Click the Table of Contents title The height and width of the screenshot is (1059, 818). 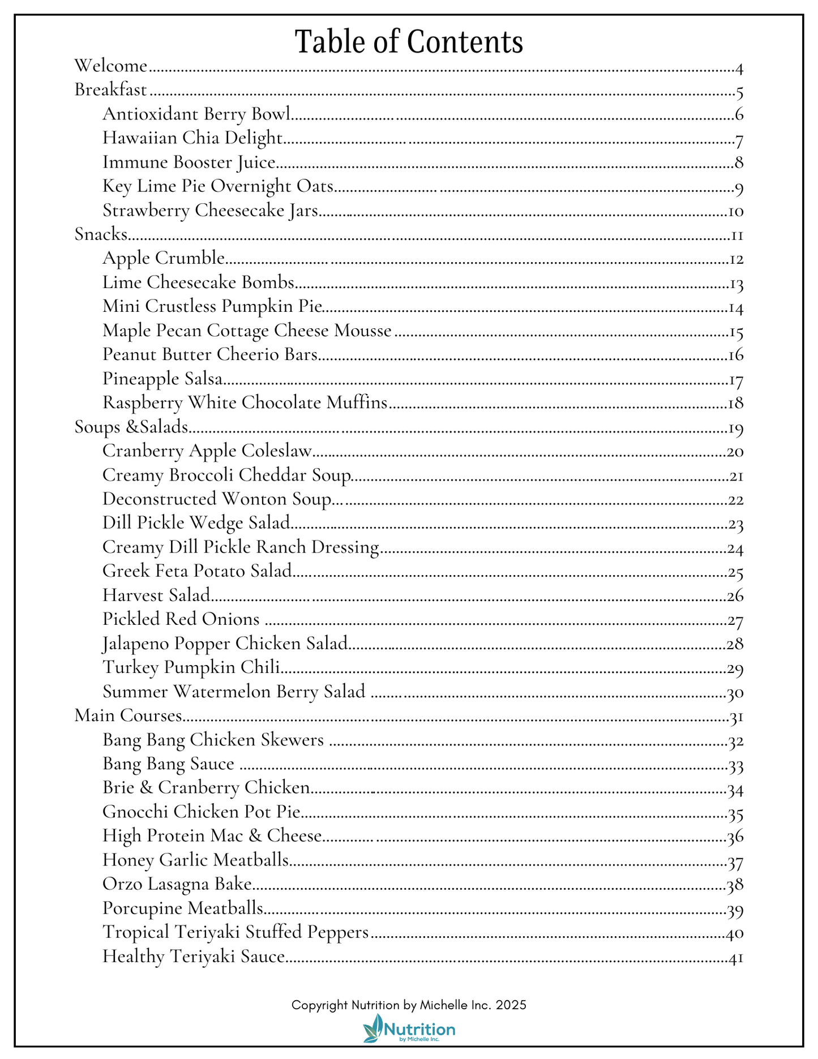[409, 42]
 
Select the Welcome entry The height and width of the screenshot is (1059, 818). [111, 66]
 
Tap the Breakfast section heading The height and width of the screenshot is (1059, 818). [111, 90]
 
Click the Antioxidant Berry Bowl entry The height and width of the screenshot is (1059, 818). [196, 114]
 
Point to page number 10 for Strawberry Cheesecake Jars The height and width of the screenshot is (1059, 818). [735, 212]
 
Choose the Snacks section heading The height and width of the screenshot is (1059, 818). [101, 234]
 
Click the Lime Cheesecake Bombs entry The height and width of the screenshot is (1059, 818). [198, 282]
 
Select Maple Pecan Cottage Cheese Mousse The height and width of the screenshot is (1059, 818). [247, 331]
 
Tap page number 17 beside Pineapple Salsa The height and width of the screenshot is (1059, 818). [735, 381]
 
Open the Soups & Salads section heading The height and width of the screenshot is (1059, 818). [131, 427]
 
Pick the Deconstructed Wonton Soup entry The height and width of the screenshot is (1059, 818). [217, 499]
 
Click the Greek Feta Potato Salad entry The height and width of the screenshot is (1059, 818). [197, 571]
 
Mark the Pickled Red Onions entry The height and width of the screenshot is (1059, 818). [181, 619]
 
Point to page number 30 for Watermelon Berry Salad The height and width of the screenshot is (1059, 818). [735, 693]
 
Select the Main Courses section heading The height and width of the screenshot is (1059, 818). [128, 715]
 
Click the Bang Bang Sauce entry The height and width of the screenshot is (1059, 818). [168, 764]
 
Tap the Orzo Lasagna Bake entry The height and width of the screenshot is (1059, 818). [177, 884]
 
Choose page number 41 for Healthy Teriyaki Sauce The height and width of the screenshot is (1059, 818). [735, 958]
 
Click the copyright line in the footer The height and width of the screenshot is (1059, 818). [409, 1005]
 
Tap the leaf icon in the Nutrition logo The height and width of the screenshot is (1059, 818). [373, 1028]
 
